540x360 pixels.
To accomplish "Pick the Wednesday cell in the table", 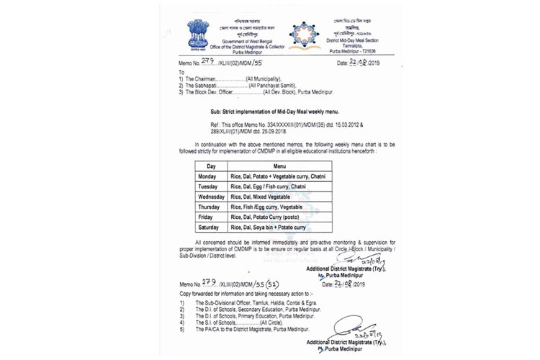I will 211,196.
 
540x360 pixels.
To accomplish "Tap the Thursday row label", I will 209,206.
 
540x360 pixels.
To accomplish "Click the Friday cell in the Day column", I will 205,217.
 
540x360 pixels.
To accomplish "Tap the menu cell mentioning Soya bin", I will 268,228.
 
